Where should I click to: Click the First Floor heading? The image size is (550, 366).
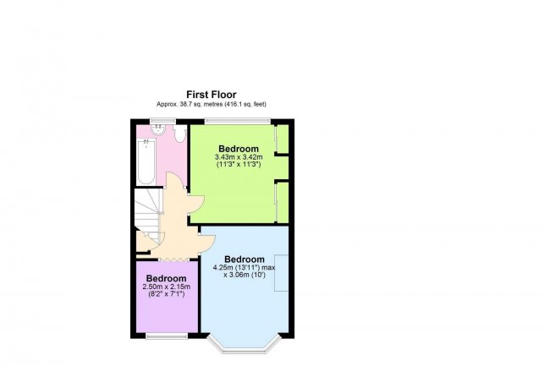(212, 95)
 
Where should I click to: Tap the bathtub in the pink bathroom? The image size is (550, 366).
(146, 161)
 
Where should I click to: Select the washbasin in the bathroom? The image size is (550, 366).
(158, 129)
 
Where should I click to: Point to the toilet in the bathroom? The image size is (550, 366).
(180, 134)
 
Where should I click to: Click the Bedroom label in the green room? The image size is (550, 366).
(239, 149)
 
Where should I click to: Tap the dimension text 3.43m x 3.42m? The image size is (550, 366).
(239, 157)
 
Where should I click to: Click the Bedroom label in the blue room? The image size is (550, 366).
(245, 259)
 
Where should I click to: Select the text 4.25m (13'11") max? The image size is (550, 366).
(245, 268)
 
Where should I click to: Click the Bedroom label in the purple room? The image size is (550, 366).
(166, 278)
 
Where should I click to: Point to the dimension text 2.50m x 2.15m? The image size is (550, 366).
(166, 287)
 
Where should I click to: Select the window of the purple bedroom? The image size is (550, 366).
(167, 336)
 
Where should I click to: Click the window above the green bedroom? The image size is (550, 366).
(238, 121)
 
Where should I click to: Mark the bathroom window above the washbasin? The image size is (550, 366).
(162, 121)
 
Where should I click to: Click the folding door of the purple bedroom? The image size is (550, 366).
(173, 259)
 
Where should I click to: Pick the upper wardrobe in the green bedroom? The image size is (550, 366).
(283, 139)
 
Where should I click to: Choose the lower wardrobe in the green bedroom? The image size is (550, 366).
(283, 202)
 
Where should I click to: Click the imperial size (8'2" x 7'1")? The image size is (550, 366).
(166, 294)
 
